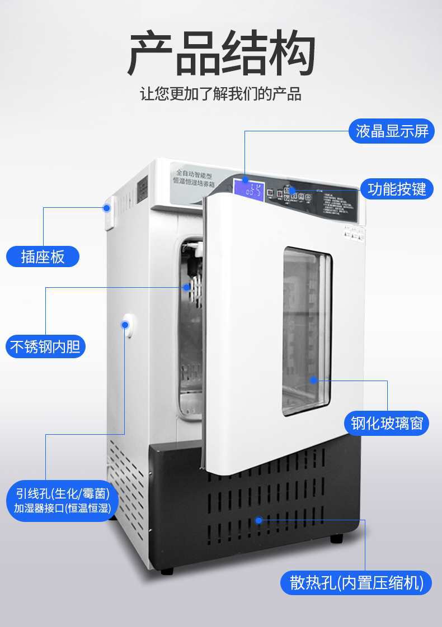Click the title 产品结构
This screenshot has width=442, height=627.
click(221, 54)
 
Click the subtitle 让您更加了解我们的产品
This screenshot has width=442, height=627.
click(221, 94)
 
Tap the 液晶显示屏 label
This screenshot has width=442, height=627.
click(392, 131)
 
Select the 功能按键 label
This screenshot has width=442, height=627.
click(397, 189)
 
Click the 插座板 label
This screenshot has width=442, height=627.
click(43, 256)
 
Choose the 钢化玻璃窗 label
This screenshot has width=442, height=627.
click(389, 423)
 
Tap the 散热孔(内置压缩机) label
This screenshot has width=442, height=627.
click(356, 582)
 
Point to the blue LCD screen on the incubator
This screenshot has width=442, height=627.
click(249, 189)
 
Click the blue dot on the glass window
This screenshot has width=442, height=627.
click(314, 380)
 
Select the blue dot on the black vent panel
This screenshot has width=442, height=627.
click(258, 520)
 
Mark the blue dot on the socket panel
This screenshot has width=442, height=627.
click(106, 208)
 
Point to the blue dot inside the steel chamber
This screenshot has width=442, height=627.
click(186, 287)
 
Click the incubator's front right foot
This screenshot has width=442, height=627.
click(336, 539)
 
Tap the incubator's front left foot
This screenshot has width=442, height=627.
click(167, 571)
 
